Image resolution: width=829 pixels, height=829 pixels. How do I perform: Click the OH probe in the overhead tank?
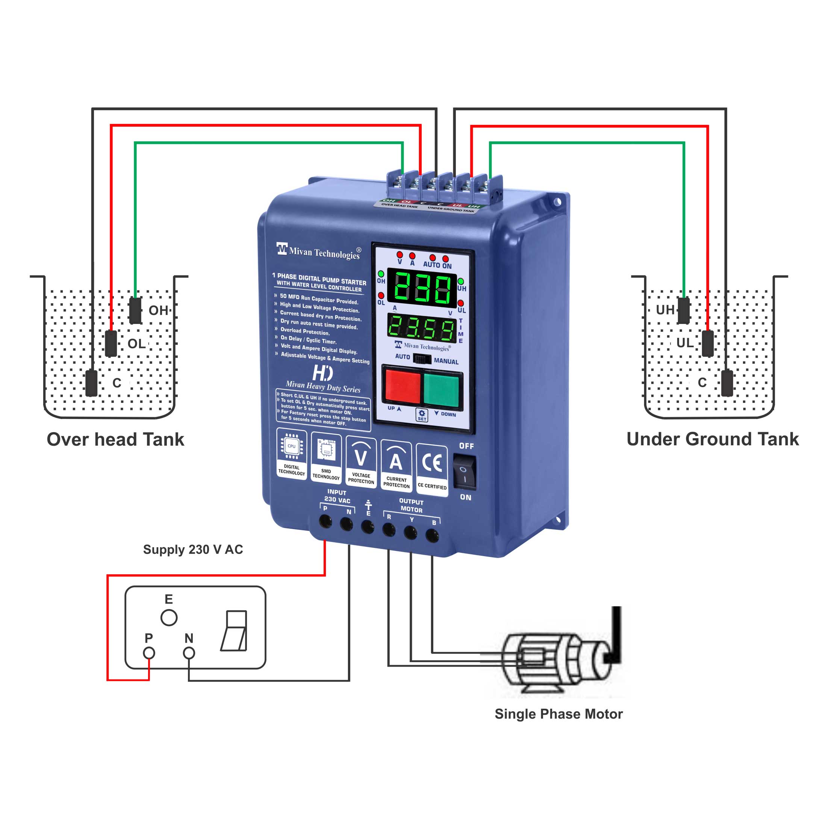click(x=135, y=310)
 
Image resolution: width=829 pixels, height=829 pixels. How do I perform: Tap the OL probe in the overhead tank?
click(x=111, y=343)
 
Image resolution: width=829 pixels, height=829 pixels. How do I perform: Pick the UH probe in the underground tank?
click(x=684, y=310)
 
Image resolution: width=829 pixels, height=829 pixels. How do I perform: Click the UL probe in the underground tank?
click(x=708, y=343)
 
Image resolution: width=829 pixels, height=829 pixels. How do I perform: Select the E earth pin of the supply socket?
click(x=169, y=617)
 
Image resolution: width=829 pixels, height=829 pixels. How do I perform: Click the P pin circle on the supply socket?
click(x=149, y=653)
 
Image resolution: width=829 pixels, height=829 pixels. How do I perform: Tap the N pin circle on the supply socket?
click(x=189, y=653)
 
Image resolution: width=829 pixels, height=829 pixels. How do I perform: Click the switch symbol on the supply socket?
click(x=234, y=630)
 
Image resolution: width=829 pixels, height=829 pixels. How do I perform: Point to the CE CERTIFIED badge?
click(x=432, y=469)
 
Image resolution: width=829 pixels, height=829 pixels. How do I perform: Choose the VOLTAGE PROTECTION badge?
click(x=361, y=462)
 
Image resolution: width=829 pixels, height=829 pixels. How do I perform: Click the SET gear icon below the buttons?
click(x=422, y=414)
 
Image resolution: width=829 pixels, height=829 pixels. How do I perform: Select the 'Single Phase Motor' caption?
click(x=558, y=714)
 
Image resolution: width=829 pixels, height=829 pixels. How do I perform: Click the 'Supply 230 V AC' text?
click(x=193, y=549)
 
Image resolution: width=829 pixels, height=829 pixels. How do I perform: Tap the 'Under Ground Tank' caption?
click(x=712, y=439)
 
